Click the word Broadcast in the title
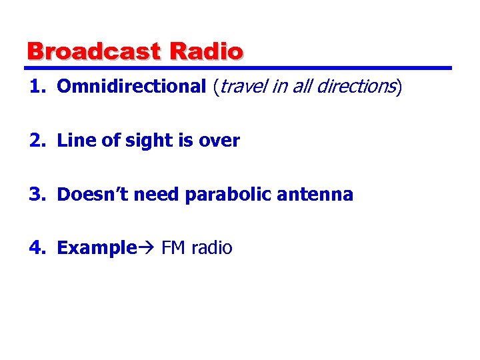point(94,51)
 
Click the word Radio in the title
point(207,51)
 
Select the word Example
point(97,249)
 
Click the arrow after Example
point(146,249)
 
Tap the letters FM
point(174,249)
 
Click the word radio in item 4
point(212,249)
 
